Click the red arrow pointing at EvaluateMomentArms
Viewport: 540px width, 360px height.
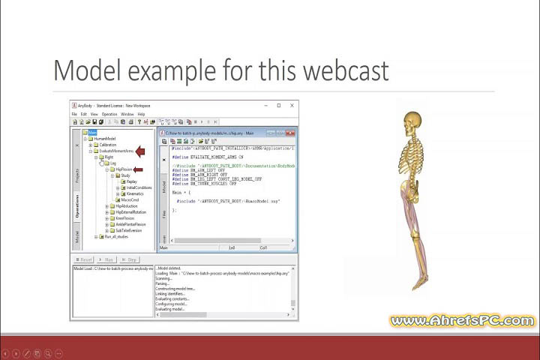pos(140,151)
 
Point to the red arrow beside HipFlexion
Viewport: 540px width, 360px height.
pos(138,169)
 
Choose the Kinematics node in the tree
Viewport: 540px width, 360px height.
pos(134,193)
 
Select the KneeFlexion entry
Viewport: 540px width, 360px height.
pos(130,218)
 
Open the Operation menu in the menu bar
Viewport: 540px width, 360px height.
pos(109,114)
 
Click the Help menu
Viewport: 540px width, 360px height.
pos(141,114)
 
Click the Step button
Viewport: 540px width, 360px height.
pos(128,259)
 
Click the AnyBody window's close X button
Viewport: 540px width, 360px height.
pos(292,106)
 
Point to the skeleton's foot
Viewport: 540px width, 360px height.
pos(420,283)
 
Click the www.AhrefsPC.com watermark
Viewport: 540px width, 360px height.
pos(461,321)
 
